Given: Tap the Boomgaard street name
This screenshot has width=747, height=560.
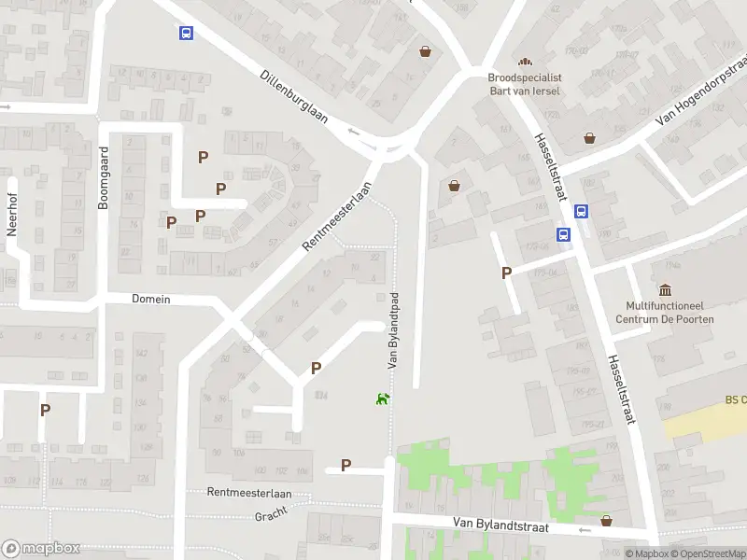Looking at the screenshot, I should [105, 176].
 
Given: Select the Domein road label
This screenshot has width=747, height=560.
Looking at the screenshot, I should [151, 299].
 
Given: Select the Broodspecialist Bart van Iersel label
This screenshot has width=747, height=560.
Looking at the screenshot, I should [526, 84].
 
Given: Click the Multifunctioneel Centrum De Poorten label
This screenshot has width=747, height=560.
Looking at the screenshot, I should [664, 312].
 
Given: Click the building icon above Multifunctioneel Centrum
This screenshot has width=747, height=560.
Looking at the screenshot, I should [665, 290].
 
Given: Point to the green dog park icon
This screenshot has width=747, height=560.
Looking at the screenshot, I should [382, 399].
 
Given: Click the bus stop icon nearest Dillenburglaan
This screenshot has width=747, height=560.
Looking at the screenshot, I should [186, 34].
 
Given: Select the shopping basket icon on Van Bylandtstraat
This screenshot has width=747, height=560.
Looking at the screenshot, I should [606, 521].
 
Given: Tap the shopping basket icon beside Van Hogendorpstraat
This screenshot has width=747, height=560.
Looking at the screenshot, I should [590, 138].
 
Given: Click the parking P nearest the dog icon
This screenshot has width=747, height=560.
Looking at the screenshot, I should [316, 368].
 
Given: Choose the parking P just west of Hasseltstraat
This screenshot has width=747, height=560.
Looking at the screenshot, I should [506, 273].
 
